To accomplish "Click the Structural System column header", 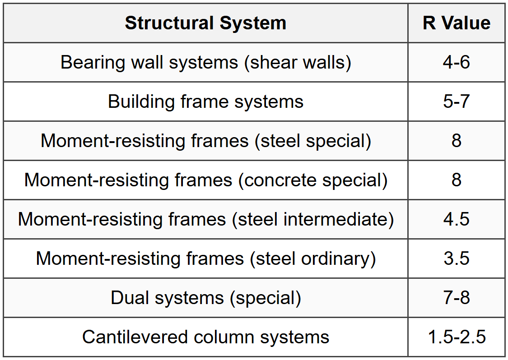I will pos(205,23).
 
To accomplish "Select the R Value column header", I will pos(456,23).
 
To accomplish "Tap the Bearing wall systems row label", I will pos(205,62).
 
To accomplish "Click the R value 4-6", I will pos(456,62).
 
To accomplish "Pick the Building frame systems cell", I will pos(205,102).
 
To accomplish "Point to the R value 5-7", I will pos(456,102).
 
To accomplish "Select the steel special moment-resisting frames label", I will pos(205,141).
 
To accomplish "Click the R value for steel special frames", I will pos(456,141).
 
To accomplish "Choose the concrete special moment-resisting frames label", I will pos(205,180).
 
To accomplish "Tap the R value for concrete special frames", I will pos(456,180).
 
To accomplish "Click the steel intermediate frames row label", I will pos(205,219).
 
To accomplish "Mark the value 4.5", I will pos(456,219).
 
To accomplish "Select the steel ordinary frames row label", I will pos(205,258).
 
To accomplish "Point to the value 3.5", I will pos(456,258).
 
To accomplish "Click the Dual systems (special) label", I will pos(205,298).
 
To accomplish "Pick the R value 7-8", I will pos(456,298).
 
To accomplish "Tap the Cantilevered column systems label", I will pos(205,337).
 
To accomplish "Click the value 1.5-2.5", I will pos(456,337).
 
